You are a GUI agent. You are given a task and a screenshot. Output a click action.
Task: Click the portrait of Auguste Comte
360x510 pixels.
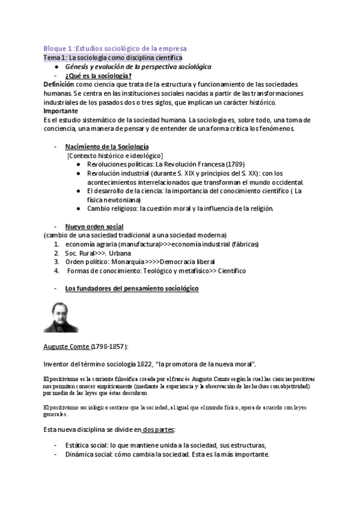coord(61,318)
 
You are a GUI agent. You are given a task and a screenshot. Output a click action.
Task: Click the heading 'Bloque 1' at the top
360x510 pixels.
coord(58,48)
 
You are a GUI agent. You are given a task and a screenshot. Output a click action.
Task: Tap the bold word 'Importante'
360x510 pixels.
coord(61,111)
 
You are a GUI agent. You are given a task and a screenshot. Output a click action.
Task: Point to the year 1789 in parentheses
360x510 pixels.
coord(217,164)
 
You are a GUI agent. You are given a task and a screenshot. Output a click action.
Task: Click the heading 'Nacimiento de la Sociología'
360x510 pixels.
coord(107,147)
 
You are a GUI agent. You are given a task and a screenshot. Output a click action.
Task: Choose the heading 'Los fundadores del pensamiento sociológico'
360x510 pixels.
coord(132,289)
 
